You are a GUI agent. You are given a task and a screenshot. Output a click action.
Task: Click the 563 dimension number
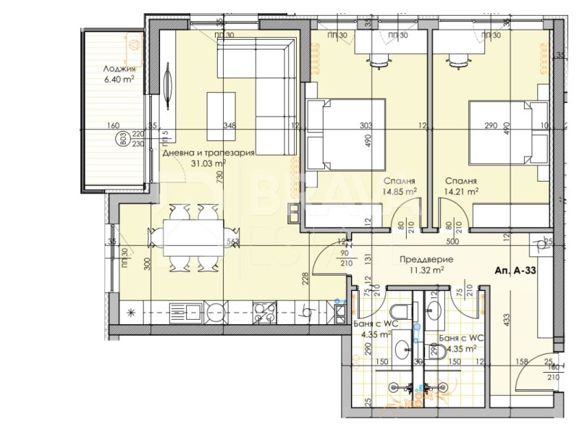(x=232, y=242)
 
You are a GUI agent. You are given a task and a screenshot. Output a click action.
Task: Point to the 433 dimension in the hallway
(x=507, y=316)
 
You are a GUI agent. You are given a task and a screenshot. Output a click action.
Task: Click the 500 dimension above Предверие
(x=452, y=242)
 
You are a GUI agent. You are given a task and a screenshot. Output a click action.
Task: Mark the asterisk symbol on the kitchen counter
(x=130, y=313)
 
